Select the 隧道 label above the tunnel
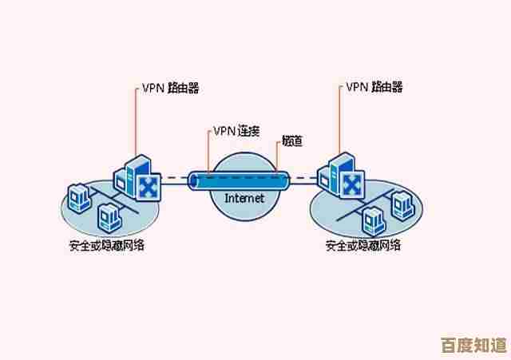coord(291,142)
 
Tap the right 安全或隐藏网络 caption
coord(363,245)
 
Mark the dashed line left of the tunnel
coord(176,180)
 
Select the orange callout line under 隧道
coord(281,160)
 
